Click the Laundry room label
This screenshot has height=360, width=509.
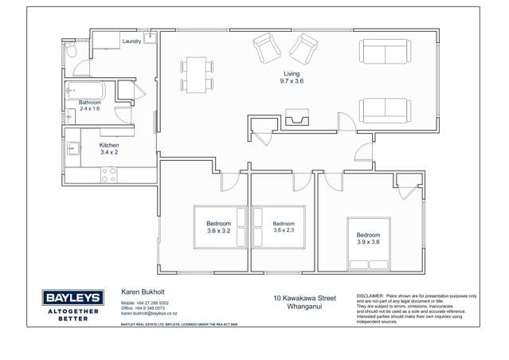point(131,41)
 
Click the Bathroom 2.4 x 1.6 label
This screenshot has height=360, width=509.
point(89,105)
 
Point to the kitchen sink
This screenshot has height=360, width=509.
point(72,147)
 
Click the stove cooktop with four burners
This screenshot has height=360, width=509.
point(109,175)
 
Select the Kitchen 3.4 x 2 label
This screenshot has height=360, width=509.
point(108,149)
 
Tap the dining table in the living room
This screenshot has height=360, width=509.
point(197,73)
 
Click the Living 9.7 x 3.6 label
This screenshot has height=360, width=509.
point(292,77)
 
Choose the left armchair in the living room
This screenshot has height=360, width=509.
point(268,49)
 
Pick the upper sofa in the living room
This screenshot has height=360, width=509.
point(385,52)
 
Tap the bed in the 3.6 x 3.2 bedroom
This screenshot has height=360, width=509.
point(219,227)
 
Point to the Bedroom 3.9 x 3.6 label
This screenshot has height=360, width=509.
point(368,239)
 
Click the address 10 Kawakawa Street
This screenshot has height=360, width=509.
point(304,299)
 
